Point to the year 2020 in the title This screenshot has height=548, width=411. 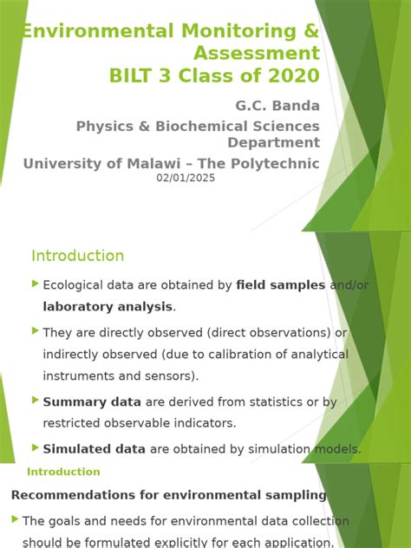click(293, 75)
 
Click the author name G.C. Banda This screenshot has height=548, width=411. click(277, 106)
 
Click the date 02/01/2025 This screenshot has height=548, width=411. click(186, 178)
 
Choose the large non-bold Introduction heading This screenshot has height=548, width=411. click(78, 256)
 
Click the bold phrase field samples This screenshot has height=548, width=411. click(281, 284)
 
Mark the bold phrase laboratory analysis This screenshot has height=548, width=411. click(108, 306)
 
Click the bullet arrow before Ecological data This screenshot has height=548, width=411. click(36, 284)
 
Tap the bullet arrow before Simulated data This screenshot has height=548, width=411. click(36, 447)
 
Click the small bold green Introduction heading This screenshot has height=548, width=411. click(63, 472)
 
